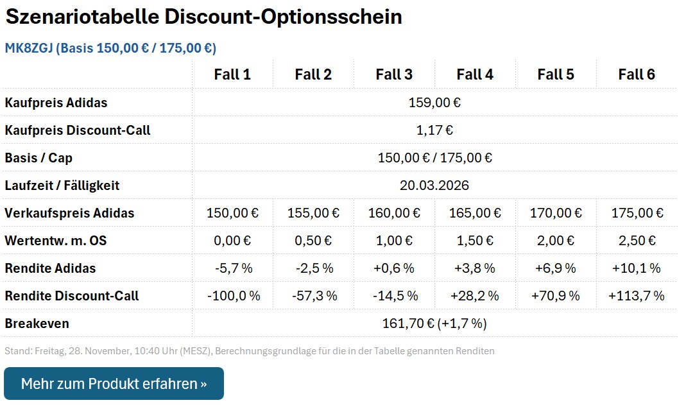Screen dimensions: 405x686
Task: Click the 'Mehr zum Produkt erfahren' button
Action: pyautogui.click(x=114, y=384)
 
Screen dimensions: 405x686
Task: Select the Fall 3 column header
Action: pyautogui.click(x=394, y=74)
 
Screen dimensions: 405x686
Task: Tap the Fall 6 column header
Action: pyautogui.click(x=637, y=74)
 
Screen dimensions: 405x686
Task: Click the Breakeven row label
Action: pyautogui.click(x=37, y=323)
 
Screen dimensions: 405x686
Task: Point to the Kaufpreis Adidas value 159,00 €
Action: pyautogui.click(x=434, y=103)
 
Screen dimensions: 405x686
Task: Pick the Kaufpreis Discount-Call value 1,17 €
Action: pyautogui.click(x=434, y=130)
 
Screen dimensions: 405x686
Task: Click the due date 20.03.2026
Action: pyautogui.click(x=434, y=185)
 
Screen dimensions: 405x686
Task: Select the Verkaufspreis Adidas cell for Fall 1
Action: pyautogui.click(x=232, y=213)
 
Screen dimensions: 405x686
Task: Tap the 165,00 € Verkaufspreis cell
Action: pyautogui.click(x=475, y=213)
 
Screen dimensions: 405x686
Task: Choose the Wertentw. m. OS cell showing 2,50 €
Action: pyautogui.click(x=637, y=241)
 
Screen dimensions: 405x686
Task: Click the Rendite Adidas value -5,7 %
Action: pyautogui.click(x=232, y=268)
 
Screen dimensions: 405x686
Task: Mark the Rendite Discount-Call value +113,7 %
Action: pyautogui.click(x=637, y=296)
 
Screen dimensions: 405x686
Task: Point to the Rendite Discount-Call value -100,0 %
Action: pyautogui.click(x=232, y=296)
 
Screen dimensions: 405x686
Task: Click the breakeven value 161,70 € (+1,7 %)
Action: pyautogui.click(x=434, y=323)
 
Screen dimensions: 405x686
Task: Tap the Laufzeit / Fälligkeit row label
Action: pyautogui.click(x=62, y=185)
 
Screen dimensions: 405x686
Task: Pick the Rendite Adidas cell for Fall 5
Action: pyautogui.click(x=556, y=268)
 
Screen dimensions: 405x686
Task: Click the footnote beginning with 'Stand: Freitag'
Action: pyautogui.click(x=249, y=351)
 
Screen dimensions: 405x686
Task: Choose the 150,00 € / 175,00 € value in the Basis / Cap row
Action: pyautogui.click(x=434, y=158)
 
